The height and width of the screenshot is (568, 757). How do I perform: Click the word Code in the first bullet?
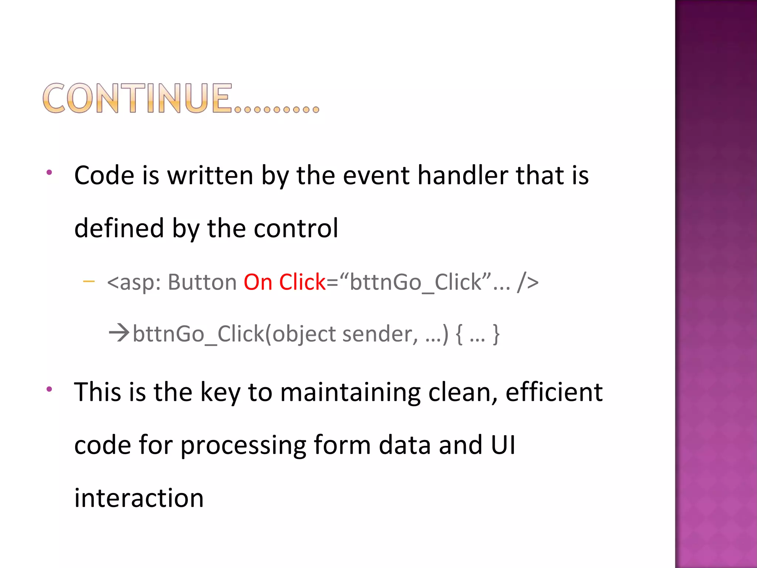[x=104, y=175]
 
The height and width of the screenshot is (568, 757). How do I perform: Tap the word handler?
[x=462, y=175]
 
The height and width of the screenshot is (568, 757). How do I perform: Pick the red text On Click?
[x=284, y=282]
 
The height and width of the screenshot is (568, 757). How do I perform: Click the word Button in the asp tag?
[x=202, y=282]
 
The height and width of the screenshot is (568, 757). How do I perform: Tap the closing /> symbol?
[x=528, y=282]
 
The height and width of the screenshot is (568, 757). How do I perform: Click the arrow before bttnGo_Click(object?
[x=119, y=332]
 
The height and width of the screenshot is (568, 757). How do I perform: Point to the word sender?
[x=380, y=334]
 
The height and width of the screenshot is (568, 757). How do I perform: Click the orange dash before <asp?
[x=89, y=282]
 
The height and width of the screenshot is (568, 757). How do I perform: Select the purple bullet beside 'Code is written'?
[x=49, y=172]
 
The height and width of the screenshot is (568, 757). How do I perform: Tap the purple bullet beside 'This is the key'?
[x=49, y=389]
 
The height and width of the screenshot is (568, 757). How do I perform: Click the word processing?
[x=243, y=445]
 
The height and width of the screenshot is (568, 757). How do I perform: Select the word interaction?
[x=139, y=498]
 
